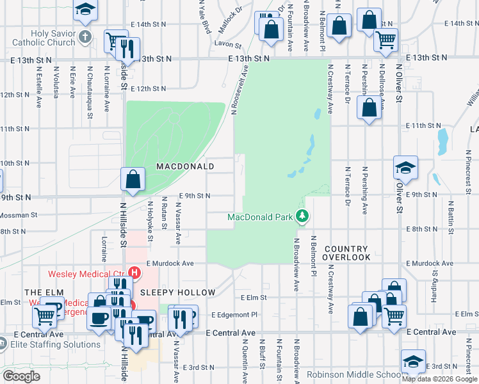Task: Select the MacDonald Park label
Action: (261, 217)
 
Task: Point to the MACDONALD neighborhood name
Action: (185, 166)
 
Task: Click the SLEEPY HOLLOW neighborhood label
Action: (178, 292)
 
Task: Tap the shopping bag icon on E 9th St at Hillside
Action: (133, 180)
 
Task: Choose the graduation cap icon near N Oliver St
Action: (405, 168)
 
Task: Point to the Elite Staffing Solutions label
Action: (56, 344)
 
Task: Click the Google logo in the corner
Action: (21, 376)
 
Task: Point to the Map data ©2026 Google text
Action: (440, 379)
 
